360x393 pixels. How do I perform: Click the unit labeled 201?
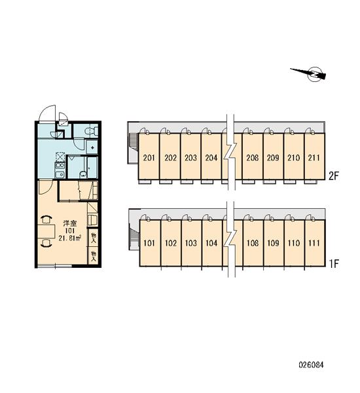pos(149,157)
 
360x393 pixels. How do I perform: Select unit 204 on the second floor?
pos(211,157)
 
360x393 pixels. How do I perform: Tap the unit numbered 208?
pos(252,157)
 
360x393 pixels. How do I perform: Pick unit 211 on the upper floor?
pos(314,157)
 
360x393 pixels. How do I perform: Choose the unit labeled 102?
pos(171,243)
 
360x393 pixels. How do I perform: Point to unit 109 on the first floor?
pos(274,243)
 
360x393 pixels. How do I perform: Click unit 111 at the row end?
pos(315,243)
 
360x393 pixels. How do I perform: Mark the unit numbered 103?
pos(191,243)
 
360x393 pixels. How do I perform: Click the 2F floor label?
pos(333,176)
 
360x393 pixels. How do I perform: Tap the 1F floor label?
pos(334,263)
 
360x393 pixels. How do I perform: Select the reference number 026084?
pos(311,364)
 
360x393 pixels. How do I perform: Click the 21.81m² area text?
pos(69,238)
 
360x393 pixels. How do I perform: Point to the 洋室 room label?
pos(69,223)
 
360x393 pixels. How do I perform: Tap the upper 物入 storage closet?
pos(93,237)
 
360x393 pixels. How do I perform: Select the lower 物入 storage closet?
pos(93,255)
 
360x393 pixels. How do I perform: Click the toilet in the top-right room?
pos(91,131)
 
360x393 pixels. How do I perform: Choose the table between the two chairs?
pos(46,231)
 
